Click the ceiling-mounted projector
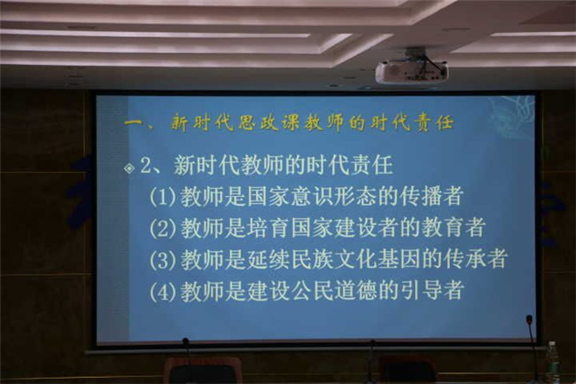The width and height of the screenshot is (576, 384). [x=412, y=70]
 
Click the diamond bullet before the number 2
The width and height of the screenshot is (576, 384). [x=129, y=168]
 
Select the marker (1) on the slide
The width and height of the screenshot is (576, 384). [x=161, y=198]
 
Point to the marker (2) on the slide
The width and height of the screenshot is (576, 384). [x=161, y=229]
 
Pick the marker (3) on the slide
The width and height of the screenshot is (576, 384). [x=161, y=260]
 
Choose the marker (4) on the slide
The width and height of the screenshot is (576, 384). [x=161, y=292]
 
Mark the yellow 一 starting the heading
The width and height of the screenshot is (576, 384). [x=133, y=122]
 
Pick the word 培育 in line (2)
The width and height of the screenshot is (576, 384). [x=269, y=227]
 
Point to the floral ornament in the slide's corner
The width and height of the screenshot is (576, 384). [x=511, y=114]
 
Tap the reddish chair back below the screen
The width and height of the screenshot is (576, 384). [x=202, y=371]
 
